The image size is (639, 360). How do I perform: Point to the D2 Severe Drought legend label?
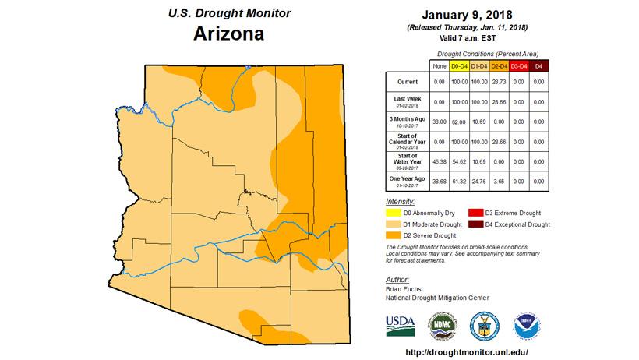tap(434, 235)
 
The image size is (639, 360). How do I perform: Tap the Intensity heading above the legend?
tap(401, 202)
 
